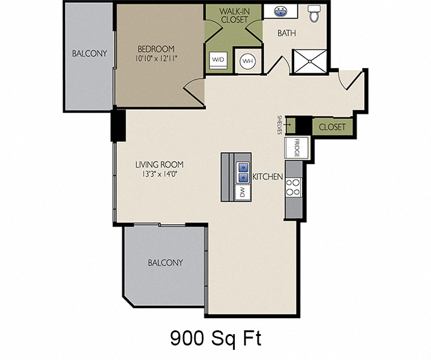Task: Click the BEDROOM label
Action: point(156,49)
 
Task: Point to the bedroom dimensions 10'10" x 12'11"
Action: point(156,59)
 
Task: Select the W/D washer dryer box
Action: point(218,61)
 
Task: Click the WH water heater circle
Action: point(247,61)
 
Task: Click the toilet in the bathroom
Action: point(314,12)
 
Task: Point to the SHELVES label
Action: point(279,124)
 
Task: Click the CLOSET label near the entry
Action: point(332,127)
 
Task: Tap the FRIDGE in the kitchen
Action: point(295,148)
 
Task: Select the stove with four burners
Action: point(294,186)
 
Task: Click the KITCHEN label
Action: point(268,177)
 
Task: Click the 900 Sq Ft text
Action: point(215,339)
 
